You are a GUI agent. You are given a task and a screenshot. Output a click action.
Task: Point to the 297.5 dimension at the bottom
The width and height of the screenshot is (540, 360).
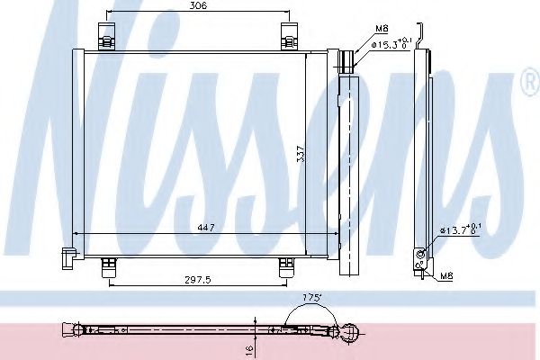point(194,280)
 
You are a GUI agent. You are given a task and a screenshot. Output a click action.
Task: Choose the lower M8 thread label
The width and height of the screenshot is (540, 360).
point(446,275)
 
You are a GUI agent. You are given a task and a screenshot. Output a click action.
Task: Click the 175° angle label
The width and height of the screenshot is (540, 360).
point(312,296)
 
